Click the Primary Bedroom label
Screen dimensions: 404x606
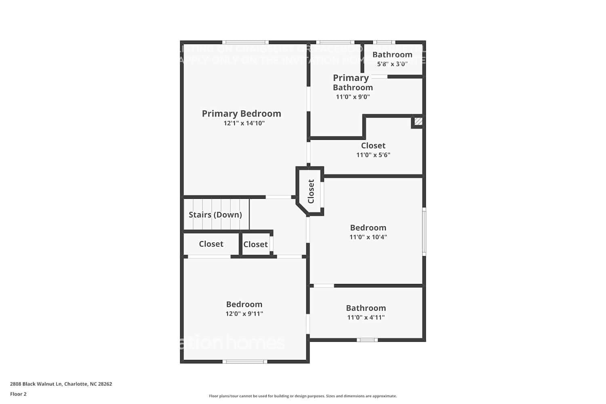tap(241, 114)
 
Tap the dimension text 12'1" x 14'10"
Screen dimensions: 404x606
tap(244, 123)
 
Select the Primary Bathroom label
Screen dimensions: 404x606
tap(352, 82)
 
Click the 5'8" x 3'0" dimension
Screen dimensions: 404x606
tap(392, 64)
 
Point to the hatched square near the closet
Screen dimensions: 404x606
tap(418, 121)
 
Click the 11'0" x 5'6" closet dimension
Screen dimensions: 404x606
tap(373, 155)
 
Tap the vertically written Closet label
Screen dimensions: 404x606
tap(311, 191)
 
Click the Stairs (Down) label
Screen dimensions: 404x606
tap(215, 215)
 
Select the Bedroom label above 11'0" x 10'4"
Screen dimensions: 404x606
tap(368, 227)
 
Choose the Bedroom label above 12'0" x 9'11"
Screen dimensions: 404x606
tap(244, 304)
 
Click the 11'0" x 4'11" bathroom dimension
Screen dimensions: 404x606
tap(366, 318)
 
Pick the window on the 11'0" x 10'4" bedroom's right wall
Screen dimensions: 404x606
tap(424, 231)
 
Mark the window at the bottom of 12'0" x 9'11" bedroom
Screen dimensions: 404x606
tap(245, 361)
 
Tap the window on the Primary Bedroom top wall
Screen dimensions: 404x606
tap(245, 42)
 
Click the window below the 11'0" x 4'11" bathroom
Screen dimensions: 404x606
tap(367, 340)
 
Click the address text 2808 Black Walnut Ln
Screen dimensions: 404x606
tap(61, 384)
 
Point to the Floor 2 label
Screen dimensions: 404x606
tap(18, 394)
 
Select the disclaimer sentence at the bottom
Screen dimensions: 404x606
tap(303, 396)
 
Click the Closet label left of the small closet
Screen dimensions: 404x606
tap(211, 244)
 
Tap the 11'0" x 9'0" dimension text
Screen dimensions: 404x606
tap(353, 97)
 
